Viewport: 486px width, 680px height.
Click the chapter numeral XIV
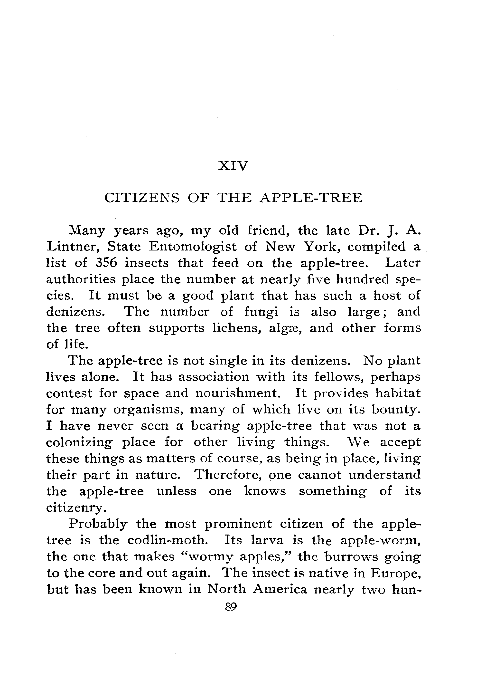pyautogui.click(x=233, y=166)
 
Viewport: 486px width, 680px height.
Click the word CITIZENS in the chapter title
pyautogui.click(x=142, y=198)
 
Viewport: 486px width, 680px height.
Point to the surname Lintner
pyautogui.click(x=73, y=247)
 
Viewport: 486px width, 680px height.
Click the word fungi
pyautogui.click(x=262, y=312)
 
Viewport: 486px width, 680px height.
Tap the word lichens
pyautogui.click(x=235, y=328)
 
